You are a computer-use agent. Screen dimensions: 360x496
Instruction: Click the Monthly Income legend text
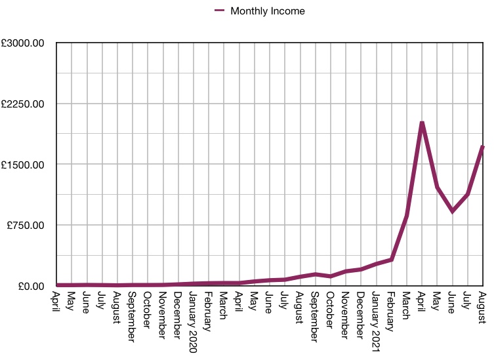[x=268, y=10]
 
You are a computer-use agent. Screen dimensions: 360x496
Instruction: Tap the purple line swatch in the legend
[x=220, y=10]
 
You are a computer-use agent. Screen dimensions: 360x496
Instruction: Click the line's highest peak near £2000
[x=422, y=123]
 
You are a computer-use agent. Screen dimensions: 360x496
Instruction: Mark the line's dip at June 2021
[x=453, y=211]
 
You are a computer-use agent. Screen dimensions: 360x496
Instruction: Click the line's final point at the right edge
[x=483, y=147]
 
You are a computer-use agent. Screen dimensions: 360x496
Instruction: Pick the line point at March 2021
[x=407, y=216]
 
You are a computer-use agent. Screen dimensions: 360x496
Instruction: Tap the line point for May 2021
[x=438, y=188]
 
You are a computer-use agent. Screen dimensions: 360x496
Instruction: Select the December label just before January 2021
[x=362, y=308]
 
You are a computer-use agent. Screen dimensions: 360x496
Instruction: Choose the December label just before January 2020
[x=178, y=308]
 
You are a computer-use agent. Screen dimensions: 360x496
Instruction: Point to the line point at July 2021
[x=468, y=194]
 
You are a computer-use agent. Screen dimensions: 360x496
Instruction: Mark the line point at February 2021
[x=392, y=260]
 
